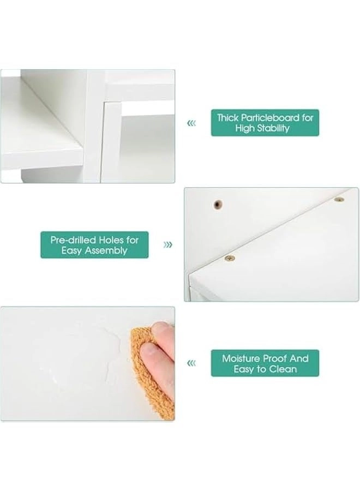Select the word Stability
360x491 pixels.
pos(273,128)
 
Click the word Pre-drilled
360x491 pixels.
pos(73,240)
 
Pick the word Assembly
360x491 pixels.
pos(106,250)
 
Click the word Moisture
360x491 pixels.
pos(241,358)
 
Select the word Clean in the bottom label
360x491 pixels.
pos(283,369)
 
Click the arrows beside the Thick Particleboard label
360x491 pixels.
pos(191,123)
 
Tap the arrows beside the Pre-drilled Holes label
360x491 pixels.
pos(168,244)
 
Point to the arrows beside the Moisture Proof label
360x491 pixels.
pos(191,363)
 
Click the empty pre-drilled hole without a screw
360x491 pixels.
pos(218,205)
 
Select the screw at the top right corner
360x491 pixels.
pos(339,200)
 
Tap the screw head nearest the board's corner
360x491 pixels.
pos(230,258)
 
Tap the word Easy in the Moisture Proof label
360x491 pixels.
pos(244,369)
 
